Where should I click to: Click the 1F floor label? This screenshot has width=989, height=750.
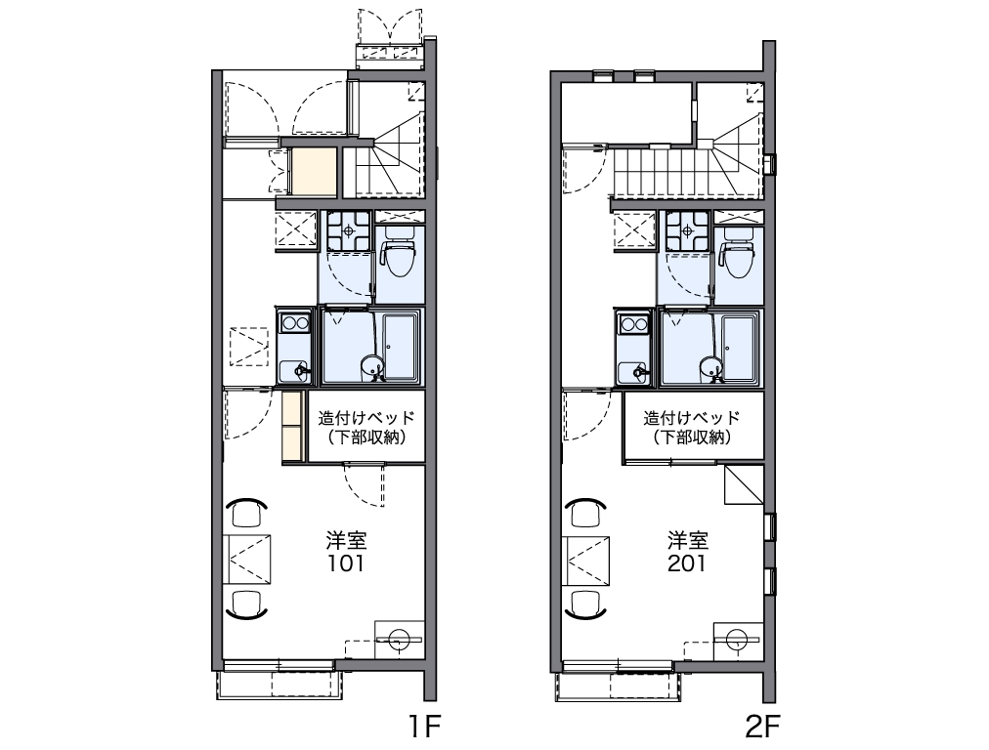(x=424, y=727)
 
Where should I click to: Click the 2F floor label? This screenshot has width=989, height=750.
(x=762, y=727)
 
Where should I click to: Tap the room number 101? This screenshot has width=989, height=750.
(x=346, y=562)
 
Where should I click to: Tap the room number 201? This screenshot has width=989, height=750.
(x=687, y=562)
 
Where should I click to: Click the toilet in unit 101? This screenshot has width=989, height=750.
(x=399, y=253)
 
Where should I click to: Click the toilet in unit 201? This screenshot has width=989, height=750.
(x=738, y=253)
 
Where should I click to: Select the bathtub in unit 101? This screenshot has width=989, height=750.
(x=401, y=347)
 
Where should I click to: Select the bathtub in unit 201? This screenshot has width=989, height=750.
(x=741, y=347)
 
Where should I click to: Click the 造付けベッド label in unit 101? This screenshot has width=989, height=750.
(x=366, y=417)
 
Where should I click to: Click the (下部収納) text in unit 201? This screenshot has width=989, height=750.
(x=692, y=437)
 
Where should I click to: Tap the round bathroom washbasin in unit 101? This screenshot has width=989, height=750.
(x=372, y=367)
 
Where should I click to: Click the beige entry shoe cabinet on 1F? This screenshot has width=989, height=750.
(x=314, y=172)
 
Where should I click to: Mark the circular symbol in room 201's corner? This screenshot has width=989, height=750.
(x=736, y=639)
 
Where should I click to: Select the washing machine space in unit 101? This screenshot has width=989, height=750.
(x=295, y=231)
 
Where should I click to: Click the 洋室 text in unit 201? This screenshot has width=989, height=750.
(x=688, y=540)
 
